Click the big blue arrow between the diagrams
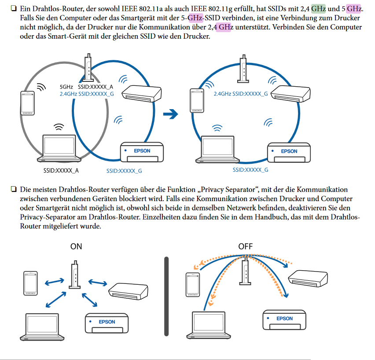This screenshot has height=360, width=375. pyautogui.click(x=170, y=114)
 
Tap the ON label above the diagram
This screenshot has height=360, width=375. pyautogui.click(x=76, y=246)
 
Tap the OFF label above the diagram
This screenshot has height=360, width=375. pyautogui.click(x=245, y=246)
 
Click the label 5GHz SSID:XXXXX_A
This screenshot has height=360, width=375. pyautogui.click(x=86, y=87)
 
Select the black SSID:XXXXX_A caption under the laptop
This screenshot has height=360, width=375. pyautogui.click(x=61, y=170)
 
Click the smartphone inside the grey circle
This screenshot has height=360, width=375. pyautogui.click(x=27, y=103)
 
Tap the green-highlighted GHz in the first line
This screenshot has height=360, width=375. pyautogui.click(x=319, y=8)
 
